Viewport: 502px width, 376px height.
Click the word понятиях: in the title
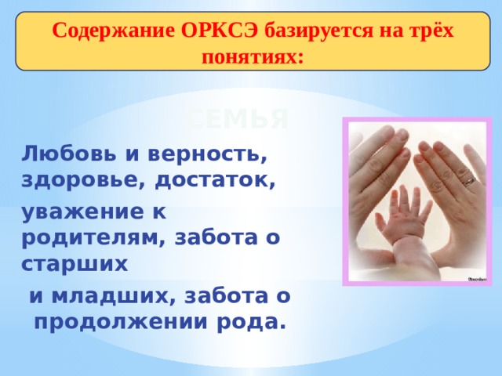click(x=251, y=56)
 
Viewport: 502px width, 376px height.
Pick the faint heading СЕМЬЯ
click(x=239, y=119)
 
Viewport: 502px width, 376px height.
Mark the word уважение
click(x=75, y=211)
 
